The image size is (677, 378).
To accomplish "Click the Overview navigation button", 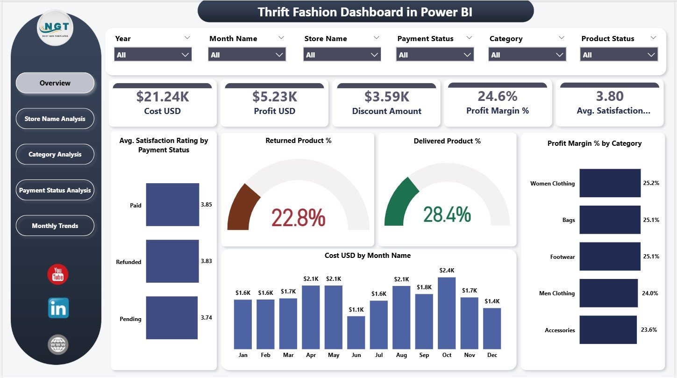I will tap(55, 83).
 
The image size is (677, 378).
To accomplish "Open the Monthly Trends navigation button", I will tap(55, 226).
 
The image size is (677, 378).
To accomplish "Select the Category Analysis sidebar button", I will tap(55, 154).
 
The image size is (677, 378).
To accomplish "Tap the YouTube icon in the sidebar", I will tap(58, 274).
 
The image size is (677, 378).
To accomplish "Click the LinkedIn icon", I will tap(58, 308).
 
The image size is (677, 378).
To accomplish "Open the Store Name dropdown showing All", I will tap(342, 55).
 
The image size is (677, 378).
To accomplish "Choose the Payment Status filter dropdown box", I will tap(435, 55).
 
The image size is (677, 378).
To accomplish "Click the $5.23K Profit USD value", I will tap(275, 97).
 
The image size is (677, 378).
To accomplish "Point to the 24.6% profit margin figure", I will tap(497, 96).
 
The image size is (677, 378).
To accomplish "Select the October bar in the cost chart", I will tap(447, 313).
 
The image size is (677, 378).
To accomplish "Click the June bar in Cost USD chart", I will tap(356, 332).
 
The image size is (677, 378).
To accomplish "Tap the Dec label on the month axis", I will tap(492, 355).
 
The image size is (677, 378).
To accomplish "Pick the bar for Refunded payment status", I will tap(172, 261).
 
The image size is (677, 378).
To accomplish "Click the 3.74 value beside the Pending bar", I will tap(206, 318).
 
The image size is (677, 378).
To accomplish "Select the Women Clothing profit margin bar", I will tap(610, 183).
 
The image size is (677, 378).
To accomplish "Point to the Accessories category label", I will tap(560, 330).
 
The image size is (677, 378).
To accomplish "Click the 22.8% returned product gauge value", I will tap(298, 218).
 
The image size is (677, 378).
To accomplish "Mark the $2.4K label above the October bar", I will tap(447, 271).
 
